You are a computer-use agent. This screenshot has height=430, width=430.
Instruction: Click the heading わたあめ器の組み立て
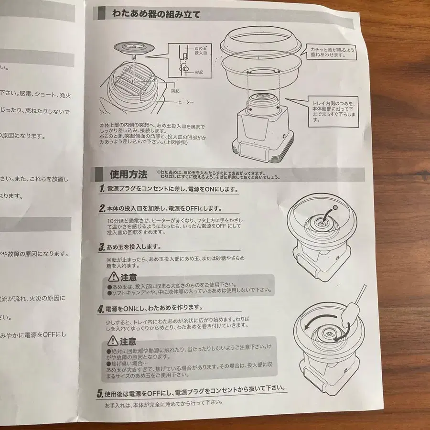tap(156, 14)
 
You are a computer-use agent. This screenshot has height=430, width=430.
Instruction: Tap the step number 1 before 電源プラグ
tap(102, 189)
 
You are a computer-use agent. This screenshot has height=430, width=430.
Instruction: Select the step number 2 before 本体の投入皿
tap(102, 209)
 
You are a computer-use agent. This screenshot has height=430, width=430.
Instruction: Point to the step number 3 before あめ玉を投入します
tap(102, 247)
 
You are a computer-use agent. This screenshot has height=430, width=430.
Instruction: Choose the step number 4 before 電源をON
tap(101, 308)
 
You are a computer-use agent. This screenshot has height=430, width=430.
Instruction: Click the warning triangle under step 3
tap(113, 277)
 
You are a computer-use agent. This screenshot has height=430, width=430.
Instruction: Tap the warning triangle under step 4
tap(113, 341)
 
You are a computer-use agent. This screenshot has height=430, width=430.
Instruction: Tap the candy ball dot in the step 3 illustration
tap(335, 207)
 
